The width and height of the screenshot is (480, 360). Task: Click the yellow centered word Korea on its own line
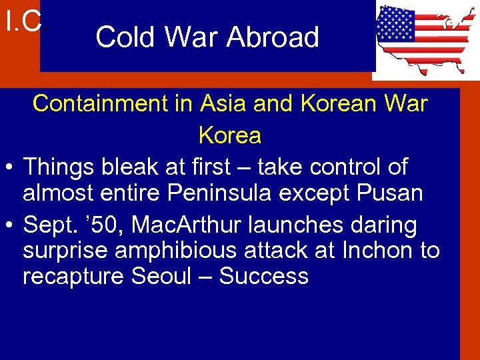coord(230,135)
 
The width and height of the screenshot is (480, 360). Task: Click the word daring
coord(380,225)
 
